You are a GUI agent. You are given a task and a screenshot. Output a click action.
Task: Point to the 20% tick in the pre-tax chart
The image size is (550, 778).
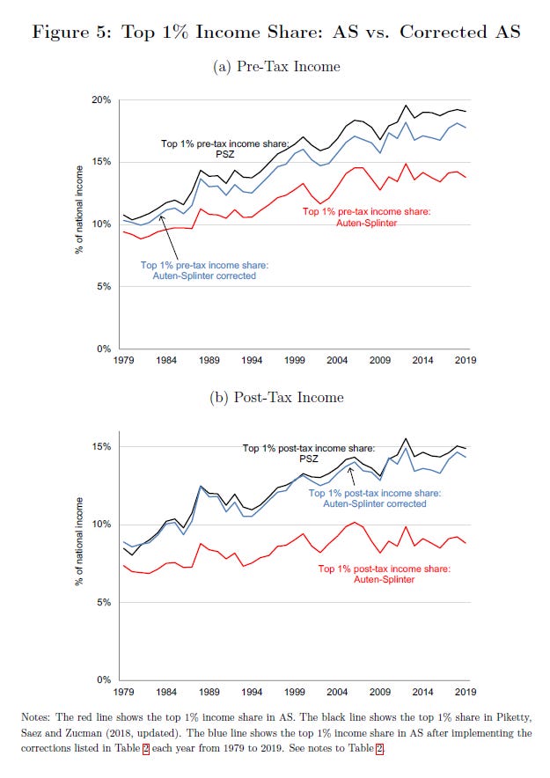pyautogui.click(x=103, y=100)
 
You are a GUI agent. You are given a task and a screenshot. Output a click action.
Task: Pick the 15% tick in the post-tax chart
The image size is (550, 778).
pyautogui.click(x=103, y=446)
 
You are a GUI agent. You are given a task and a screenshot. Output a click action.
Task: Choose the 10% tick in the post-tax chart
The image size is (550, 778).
pyautogui.click(x=103, y=525)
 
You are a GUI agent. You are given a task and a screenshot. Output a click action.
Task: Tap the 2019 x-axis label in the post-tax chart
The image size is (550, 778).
pyautogui.click(x=466, y=692)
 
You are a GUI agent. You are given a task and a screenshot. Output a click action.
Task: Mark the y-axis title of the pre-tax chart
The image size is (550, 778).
pyautogui.click(x=80, y=225)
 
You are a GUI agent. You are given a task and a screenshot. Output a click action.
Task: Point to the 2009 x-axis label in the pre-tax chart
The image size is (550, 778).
pyautogui.click(x=379, y=361)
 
